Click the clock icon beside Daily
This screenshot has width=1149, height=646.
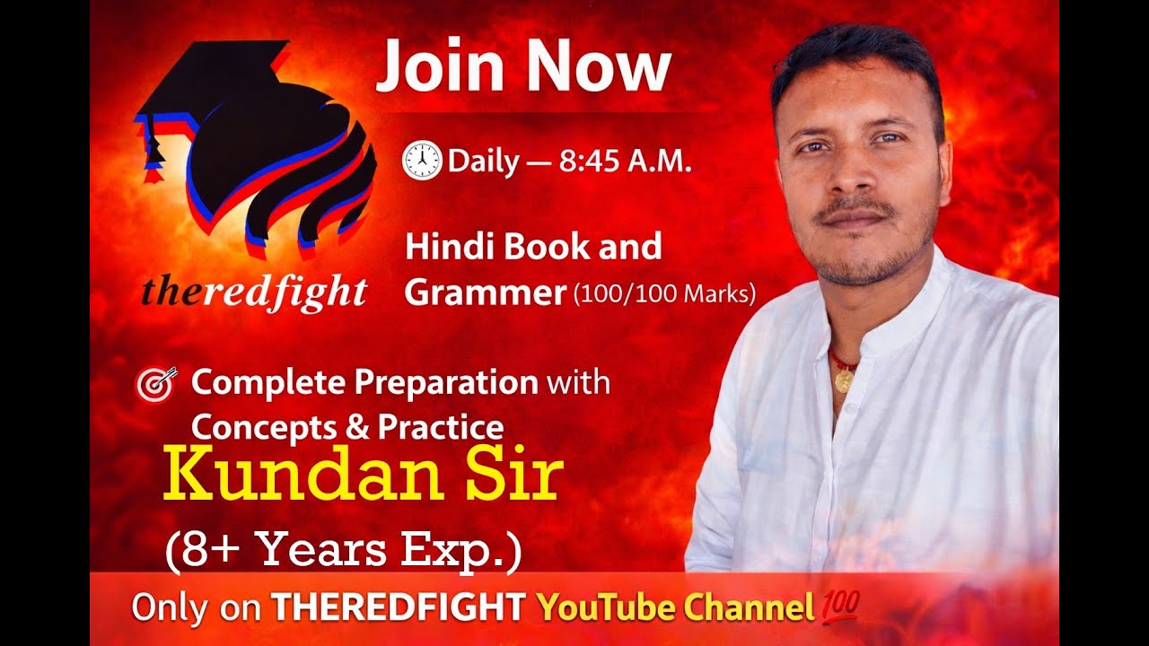point(421,161)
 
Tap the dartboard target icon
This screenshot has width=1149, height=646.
point(155,384)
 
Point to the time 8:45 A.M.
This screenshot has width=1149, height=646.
point(625,161)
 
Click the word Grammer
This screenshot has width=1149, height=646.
point(485,293)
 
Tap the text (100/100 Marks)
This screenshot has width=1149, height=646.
point(664,294)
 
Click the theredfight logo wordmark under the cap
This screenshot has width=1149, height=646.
point(254,292)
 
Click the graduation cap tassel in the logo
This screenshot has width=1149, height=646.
point(152,149)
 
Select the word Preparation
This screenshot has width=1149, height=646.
point(445,383)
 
